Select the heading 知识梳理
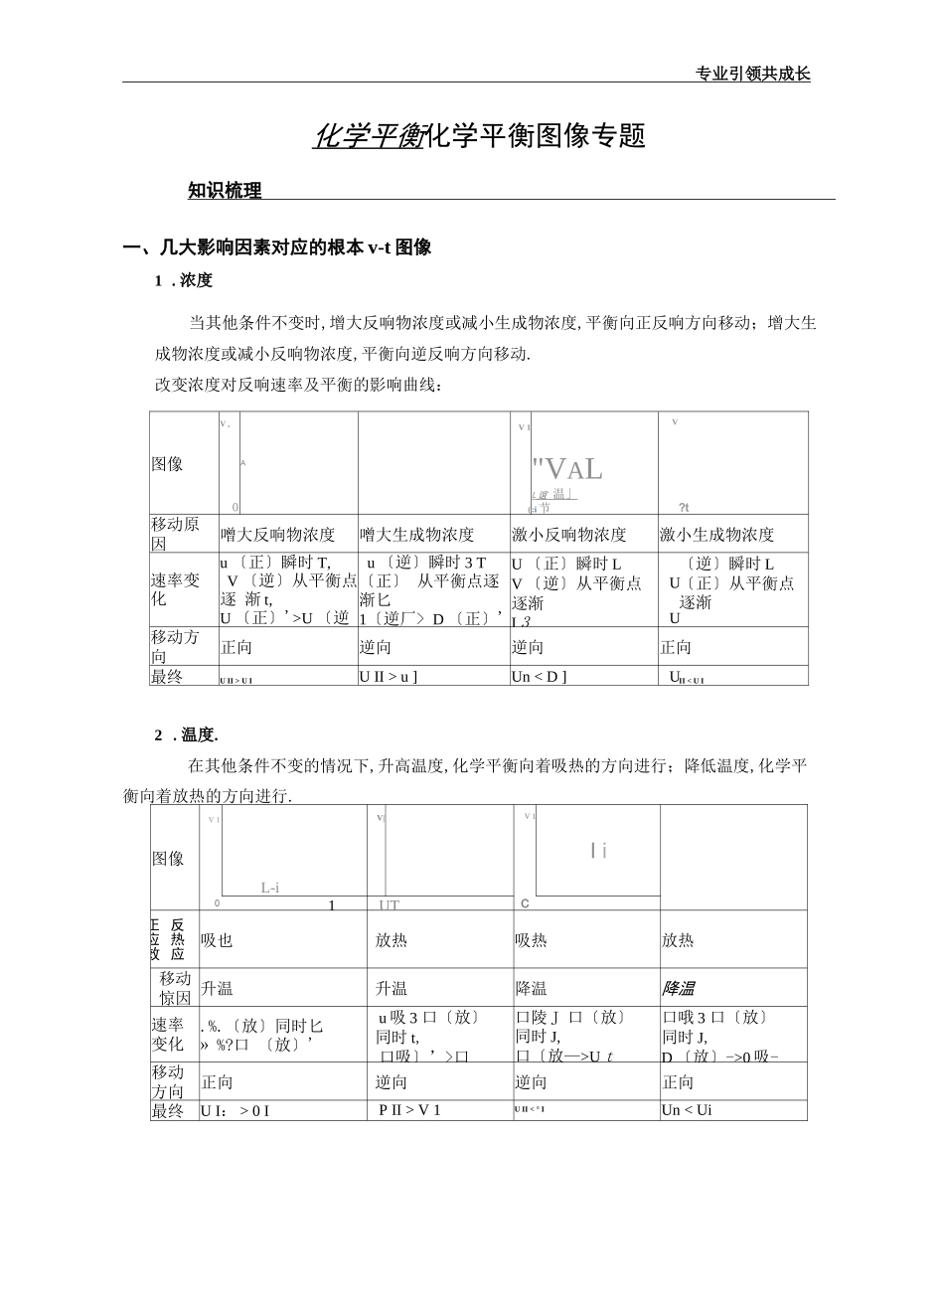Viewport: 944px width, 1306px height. point(225,191)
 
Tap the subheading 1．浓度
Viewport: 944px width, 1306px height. point(184,280)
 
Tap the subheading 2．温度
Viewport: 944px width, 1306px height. point(186,735)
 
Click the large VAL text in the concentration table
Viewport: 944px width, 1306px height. point(567,469)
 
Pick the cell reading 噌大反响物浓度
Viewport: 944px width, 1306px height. point(278,535)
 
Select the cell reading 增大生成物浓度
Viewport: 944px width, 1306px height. point(416,535)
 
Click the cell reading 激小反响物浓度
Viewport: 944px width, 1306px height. point(568,535)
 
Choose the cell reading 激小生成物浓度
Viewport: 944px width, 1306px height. point(716,535)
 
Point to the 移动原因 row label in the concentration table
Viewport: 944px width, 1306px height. point(176,534)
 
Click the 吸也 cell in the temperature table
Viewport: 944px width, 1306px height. point(217,940)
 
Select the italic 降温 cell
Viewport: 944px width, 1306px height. point(679,988)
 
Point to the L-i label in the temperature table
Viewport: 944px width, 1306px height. point(270,888)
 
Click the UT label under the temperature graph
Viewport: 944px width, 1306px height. point(389,905)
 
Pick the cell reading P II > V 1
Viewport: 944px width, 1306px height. point(409,1109)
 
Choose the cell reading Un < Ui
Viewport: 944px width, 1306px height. point(687,1110)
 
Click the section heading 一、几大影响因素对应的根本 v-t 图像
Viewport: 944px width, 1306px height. point(277,247)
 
